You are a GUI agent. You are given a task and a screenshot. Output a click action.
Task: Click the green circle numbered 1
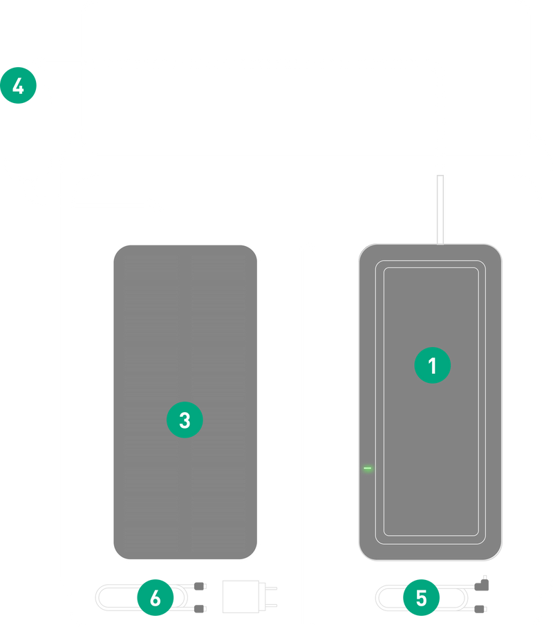point(433,366)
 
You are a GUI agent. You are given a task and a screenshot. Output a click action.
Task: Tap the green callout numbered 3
point(185,419)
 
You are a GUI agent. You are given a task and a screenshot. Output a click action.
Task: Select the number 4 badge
point(19,86)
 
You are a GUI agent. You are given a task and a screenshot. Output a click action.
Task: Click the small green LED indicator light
point(367,469)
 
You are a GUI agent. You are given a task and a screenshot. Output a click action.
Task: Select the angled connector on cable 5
point(484,585)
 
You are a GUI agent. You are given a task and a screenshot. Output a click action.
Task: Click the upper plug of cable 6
point(200,586)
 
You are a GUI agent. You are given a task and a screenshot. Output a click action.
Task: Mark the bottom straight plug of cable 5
point(481,608)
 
